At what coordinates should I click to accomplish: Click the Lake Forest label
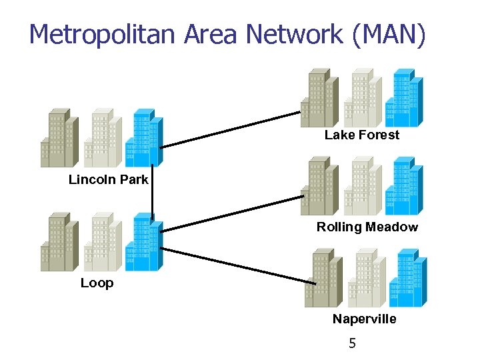(362, 135)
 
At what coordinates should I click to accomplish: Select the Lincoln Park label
(109, 179)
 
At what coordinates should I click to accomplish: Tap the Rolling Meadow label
(367, 227)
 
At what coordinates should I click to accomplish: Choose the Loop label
(97, 283)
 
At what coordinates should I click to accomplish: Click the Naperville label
(364, 319)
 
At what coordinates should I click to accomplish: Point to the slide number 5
(353, 344)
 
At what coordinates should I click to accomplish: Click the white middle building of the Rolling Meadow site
(363, 187)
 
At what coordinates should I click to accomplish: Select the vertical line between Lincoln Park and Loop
(153, 193)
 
